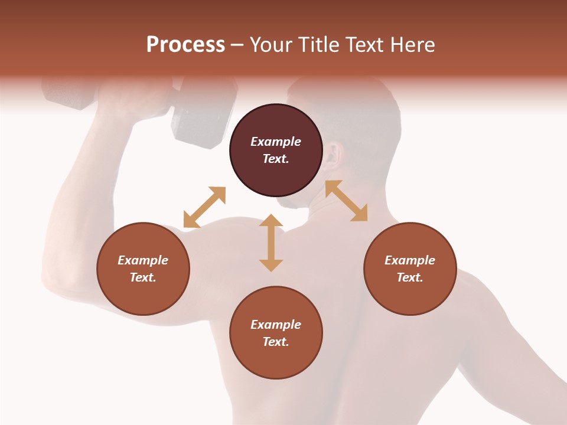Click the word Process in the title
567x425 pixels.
185,45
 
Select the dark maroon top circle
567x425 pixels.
276,151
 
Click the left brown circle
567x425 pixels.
143,269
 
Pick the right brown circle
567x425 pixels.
410,269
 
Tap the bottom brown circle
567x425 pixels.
276,332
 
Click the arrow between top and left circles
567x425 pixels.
204,207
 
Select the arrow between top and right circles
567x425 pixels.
347,201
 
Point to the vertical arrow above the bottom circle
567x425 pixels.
271,243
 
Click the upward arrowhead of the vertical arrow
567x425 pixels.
271,220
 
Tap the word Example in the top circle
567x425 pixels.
276,142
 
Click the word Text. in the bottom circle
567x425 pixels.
276,342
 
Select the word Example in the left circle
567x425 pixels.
143,260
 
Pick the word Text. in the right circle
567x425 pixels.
410,277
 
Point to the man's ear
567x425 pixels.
335,155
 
